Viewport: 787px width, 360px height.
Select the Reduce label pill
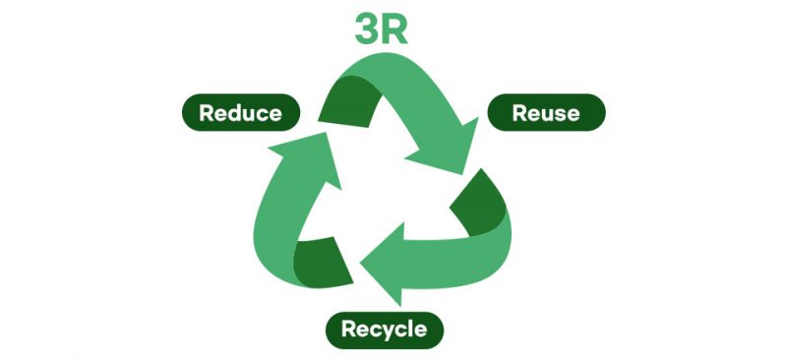tap(240, 113)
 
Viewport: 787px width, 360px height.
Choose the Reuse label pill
tap(546, 113)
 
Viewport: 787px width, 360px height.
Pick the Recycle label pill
tap(384, 329)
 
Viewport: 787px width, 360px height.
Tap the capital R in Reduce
tap(207, 113)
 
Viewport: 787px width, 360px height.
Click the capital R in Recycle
tap(349, 329)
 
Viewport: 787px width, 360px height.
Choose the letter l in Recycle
tap(411, 328)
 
